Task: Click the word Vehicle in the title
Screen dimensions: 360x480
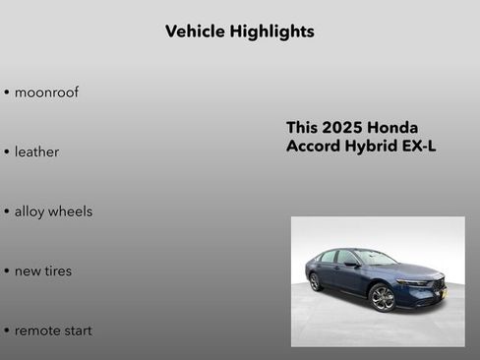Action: [x=195, y=31]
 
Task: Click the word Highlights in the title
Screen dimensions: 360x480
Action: [x=271, y=31]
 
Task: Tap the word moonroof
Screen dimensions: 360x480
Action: [x=46, y=92]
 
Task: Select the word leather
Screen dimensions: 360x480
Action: [x=36, y=152]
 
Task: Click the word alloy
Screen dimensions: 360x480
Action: [x=31, y=211]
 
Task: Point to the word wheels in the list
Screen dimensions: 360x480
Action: [x=72, y=211]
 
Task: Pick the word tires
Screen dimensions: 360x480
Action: [x=57, y=270]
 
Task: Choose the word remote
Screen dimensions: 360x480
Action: [x=37, y=330]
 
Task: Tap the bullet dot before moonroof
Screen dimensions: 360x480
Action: [x=6, y=93]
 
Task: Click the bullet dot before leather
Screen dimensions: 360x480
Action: [x=6, y=153]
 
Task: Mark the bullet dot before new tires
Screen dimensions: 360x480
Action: [x=6, y=271]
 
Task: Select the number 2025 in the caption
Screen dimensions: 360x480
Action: [x=341, y=128]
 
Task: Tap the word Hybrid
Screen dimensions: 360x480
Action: [x=370, y=148]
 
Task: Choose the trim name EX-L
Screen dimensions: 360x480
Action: [x=418, y=147]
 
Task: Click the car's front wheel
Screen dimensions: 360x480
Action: [x=383, y=298]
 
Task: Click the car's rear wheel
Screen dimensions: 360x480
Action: [x=316, y=282]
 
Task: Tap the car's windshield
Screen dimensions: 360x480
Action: [x=375, y=258]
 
